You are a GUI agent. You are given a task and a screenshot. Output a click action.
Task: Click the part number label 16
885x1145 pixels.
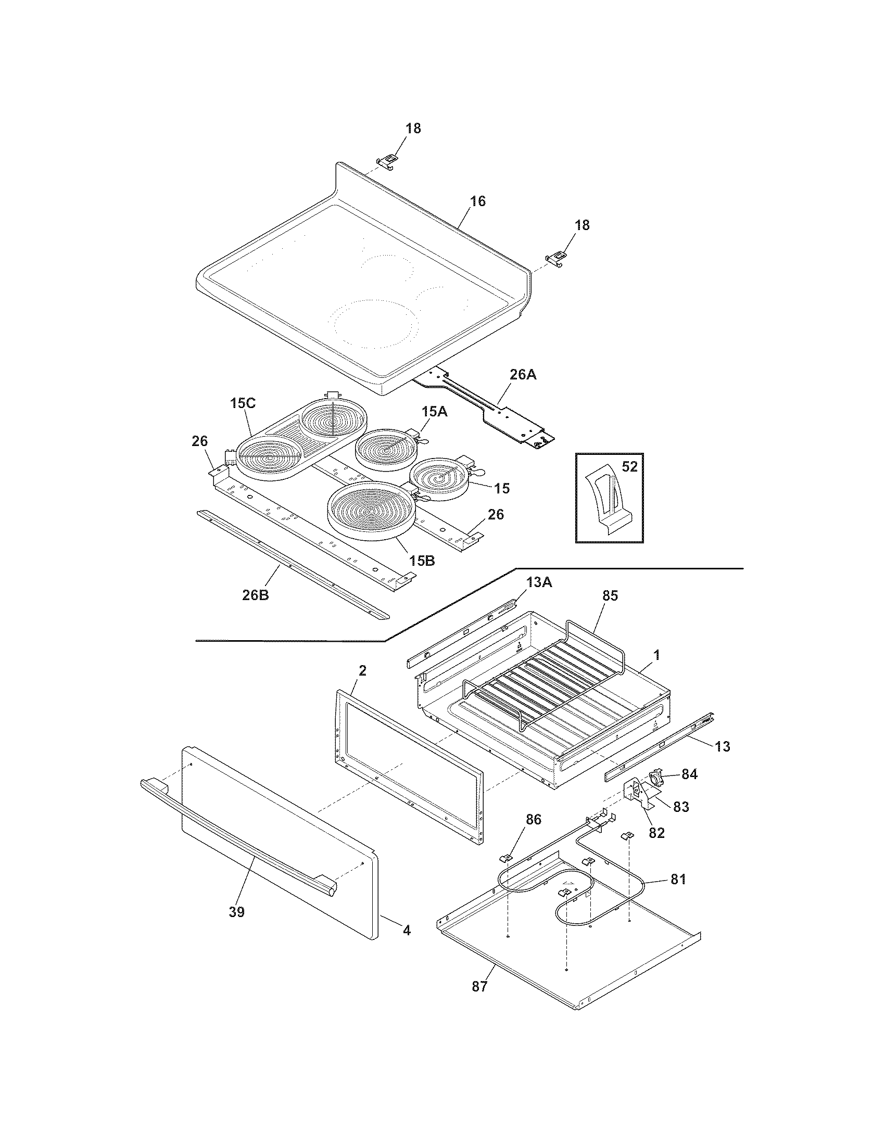[477, 201]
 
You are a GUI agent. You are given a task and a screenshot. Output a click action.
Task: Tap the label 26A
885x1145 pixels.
[523, 375]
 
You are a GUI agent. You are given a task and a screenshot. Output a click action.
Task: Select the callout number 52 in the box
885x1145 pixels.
[629, 466]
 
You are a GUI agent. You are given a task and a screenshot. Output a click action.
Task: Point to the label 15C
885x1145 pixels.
[243, 404]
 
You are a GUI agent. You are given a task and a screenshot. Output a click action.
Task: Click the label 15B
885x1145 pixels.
[422, 561]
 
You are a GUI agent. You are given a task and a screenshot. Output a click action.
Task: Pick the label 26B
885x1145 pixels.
[256, 595]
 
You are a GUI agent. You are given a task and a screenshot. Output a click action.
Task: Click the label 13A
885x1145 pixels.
[539, 581]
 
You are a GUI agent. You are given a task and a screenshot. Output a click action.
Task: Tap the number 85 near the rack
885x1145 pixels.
[610, 595]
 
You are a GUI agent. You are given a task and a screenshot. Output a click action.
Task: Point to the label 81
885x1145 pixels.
[678, 879]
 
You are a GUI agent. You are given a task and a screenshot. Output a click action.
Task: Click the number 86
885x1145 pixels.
[533, 819]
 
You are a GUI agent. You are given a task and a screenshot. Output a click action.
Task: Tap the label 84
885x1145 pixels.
[689, 774]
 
